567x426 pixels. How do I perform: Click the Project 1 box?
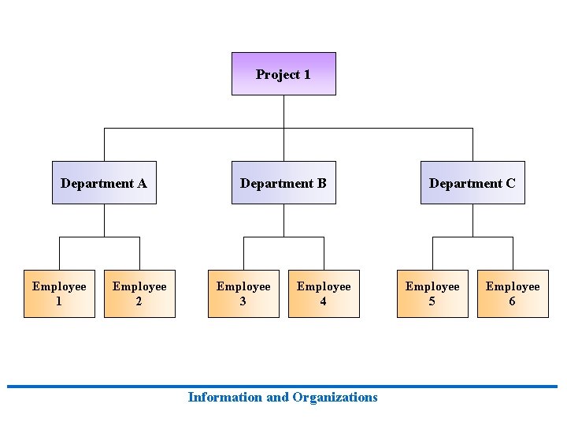click(283, 73)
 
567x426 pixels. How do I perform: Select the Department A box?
click(104, 183)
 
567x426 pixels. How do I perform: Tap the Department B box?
click(283, 183)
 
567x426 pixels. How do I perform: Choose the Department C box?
click(472, 183)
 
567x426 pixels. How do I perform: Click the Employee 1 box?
click(59, 293)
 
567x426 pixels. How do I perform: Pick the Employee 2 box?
click(139, 293)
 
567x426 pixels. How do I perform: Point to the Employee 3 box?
click(243, 293)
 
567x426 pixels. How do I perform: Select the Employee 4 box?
click(324, 293)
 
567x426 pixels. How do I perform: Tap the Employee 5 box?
click(432, 293)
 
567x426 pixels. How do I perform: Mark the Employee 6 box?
click(513, 293)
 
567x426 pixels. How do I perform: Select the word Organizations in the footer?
click(335, 398)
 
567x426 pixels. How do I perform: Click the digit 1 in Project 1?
click(306, 75)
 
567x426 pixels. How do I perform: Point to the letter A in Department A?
click(142, 184)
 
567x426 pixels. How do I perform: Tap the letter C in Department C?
click(510, 184)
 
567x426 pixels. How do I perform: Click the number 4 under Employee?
click(324, 301)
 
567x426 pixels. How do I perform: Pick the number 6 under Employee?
click(513, 301)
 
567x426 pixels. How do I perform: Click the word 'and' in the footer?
click(277, 397)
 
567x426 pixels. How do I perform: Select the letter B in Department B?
click(321, 184)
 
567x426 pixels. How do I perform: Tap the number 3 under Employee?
click(243, 301)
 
